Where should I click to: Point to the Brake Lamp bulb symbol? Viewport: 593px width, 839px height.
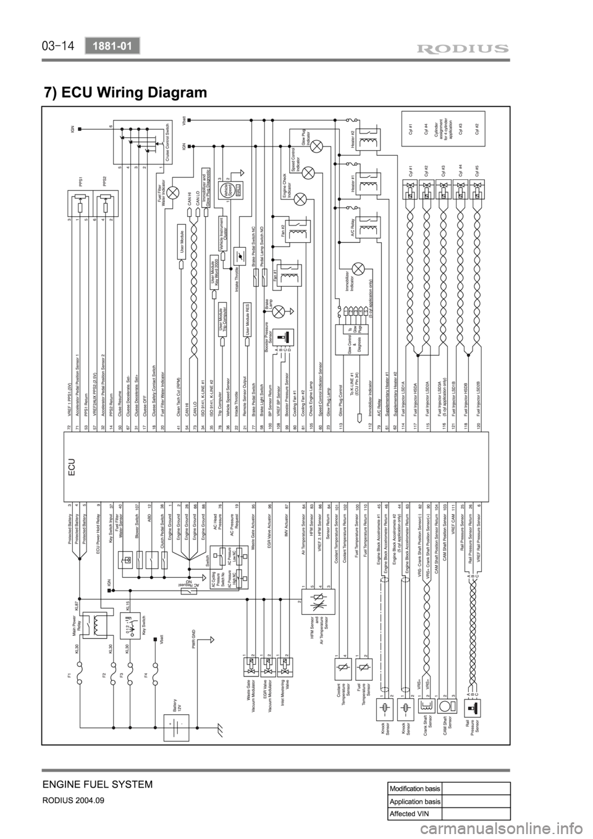click(279, 313)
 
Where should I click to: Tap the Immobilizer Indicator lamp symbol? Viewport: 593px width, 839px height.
click(363, 269)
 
